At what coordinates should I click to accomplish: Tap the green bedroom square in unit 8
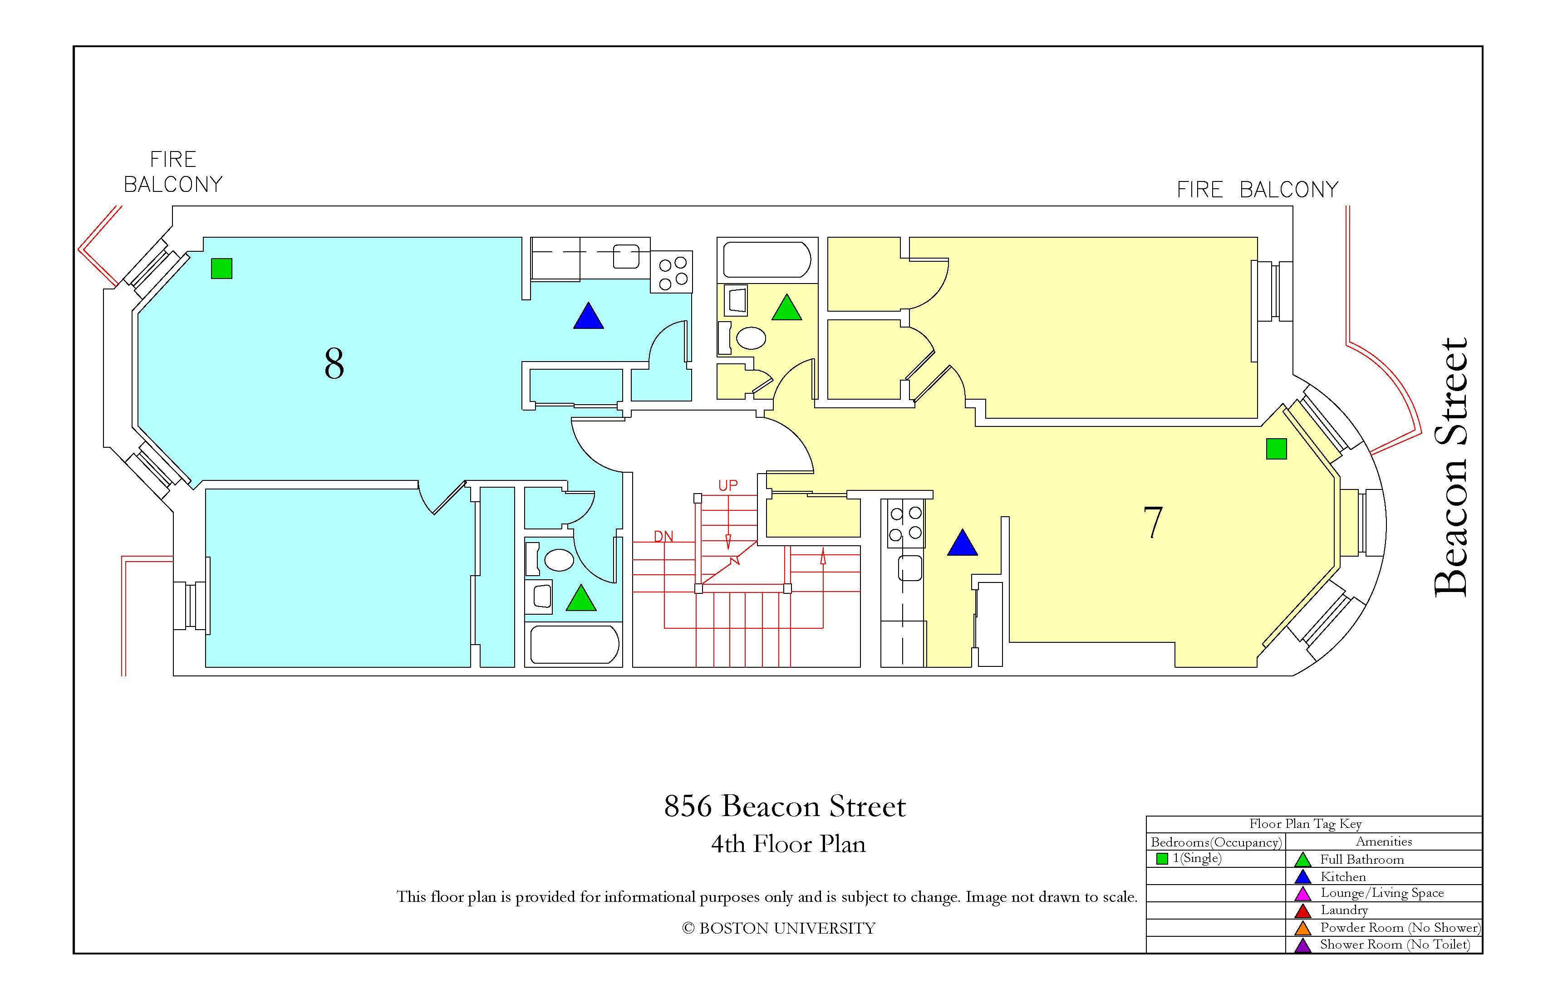[222, 268]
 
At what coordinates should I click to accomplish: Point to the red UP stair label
[727, 485]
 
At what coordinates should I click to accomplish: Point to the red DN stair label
[663, 537]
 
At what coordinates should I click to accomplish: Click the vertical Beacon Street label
[1450, 467]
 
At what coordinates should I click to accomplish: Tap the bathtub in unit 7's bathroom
[767, 260]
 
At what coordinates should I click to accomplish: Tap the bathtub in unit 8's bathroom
[575, 644]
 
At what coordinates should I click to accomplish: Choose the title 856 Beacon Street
[785, 806]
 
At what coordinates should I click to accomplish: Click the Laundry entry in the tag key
[1344, 910]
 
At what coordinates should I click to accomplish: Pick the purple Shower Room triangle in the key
[1302, 945]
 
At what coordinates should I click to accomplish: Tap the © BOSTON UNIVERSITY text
[779, 928]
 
